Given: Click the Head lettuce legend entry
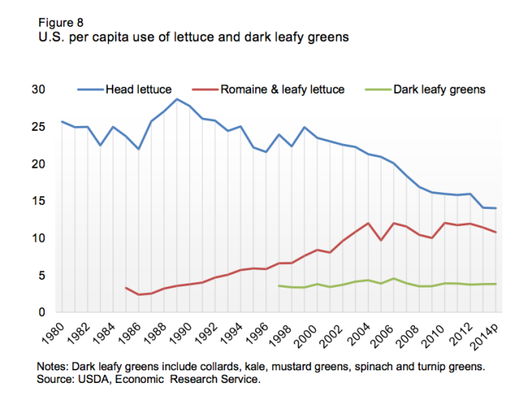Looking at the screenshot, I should click(x=138, y=90).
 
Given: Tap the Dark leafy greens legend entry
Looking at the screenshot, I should click(x=438, y=90).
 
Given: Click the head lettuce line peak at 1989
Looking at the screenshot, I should click(x=178, y=99).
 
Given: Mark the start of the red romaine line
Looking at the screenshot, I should click(x=126, y=288).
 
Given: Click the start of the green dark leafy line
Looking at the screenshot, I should click(x=280, y=285).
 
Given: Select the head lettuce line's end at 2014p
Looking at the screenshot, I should click(x=496, y=208).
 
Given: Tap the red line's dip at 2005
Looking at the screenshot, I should click(x=381, y=240).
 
